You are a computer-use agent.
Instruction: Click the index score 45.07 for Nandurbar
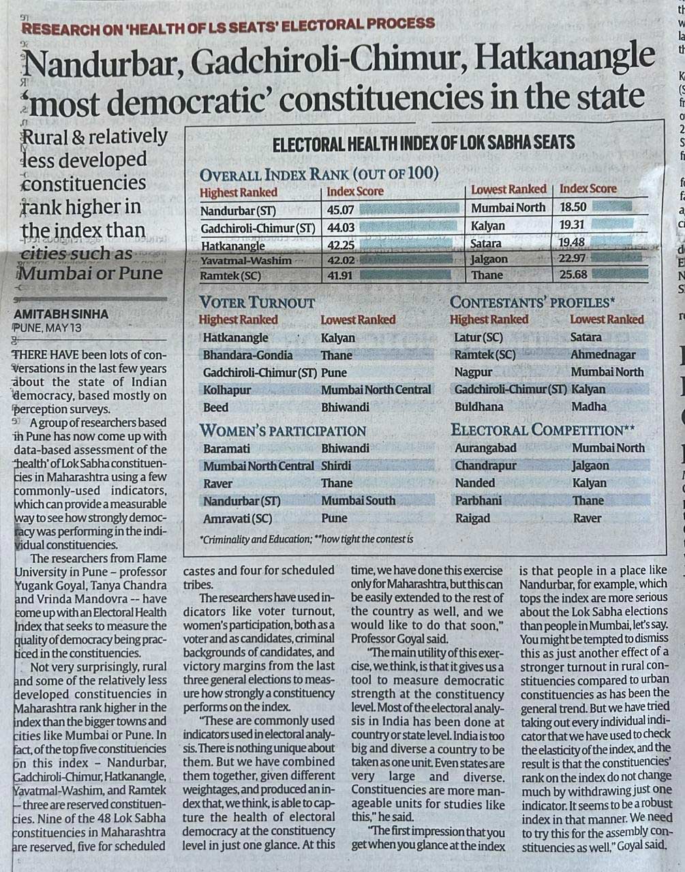coord(339,210)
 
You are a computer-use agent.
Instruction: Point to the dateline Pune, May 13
coord(46,327)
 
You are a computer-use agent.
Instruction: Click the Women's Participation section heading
coord(282,431)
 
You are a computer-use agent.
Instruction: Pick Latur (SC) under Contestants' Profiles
coord(478,337)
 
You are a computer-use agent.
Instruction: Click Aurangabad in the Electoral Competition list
coord(485,448)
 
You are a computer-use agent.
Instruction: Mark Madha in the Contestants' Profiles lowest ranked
coord(589,406)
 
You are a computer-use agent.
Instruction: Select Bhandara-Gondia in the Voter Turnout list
coord(247,354)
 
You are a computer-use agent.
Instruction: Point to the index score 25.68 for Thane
coord(573,275)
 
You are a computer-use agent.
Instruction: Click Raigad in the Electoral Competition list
coord(472,518)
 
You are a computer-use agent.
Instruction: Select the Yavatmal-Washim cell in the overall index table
coord(245,260)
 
